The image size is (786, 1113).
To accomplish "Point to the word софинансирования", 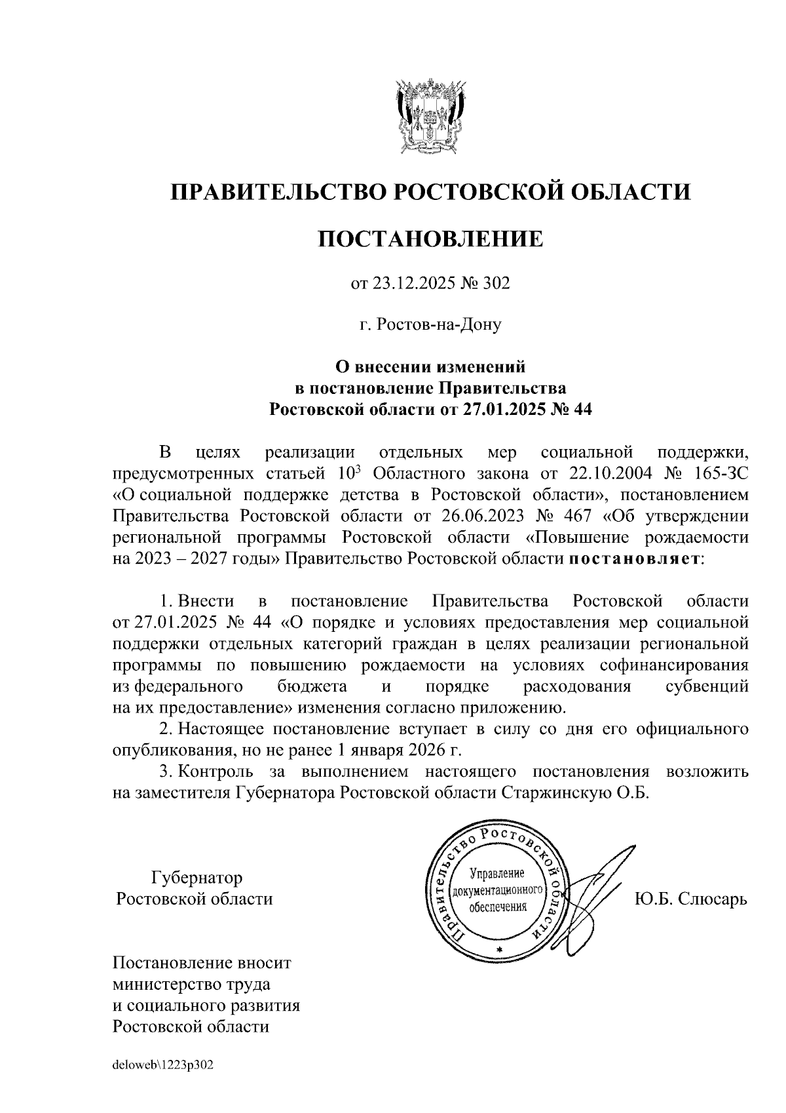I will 674,665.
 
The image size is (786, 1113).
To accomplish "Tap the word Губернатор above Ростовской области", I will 196,877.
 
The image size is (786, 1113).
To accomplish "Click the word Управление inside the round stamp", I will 498,874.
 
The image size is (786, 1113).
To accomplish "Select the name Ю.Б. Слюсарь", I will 690,899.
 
